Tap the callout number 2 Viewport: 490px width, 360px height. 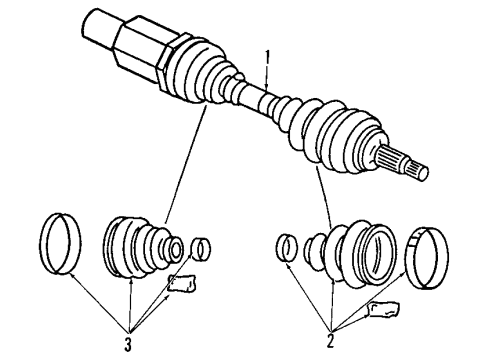[x=331, y=339]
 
